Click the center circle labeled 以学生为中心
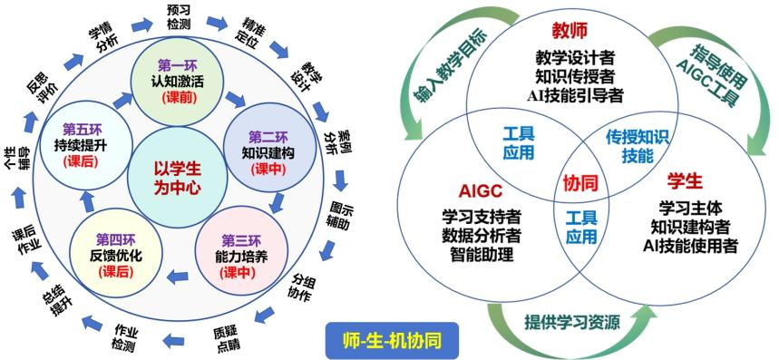point(178,176)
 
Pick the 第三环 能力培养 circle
point(242,250)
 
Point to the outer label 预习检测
point(179,16)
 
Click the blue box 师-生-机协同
point(392,341)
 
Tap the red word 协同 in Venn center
point(579,184)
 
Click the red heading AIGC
point(482,190)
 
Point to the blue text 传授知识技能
point(638,148)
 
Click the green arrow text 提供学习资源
point(572,323)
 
